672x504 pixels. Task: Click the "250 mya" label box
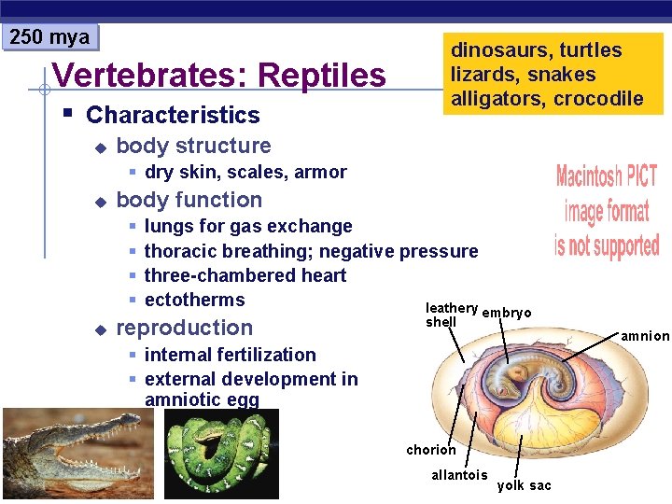[49, 37]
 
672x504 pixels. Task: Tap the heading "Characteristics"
[173, 116]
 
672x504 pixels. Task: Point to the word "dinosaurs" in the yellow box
[496, 50]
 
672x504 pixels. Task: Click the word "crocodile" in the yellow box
[597, 98]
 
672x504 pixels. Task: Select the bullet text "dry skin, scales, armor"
[245, 172]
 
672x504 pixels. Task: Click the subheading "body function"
[189, 200]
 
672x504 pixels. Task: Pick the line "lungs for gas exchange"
[248, 226]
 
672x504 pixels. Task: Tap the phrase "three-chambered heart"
[245, 275]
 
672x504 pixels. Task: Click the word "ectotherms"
[195, 300]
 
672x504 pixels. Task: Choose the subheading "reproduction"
[185, 328]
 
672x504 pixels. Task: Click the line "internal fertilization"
[231, 355]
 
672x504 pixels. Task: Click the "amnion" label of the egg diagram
[644, 336]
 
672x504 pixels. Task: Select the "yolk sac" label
[524, 485]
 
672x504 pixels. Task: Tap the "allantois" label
[459, 475]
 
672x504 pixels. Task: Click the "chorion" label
[431, 450]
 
